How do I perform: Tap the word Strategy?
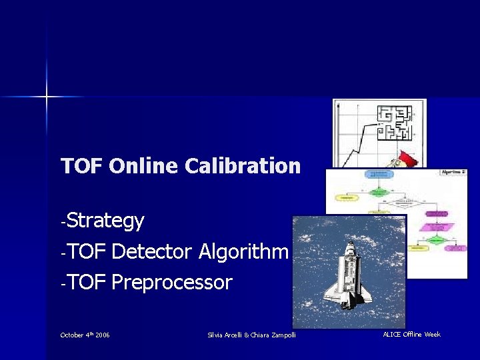105,221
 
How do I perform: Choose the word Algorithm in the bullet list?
243,251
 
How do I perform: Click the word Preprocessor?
172,283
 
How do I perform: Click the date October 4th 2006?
85,335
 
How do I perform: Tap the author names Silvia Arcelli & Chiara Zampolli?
251,335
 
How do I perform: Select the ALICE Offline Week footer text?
411,334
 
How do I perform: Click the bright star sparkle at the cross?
47,97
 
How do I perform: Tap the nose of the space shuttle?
351,246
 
